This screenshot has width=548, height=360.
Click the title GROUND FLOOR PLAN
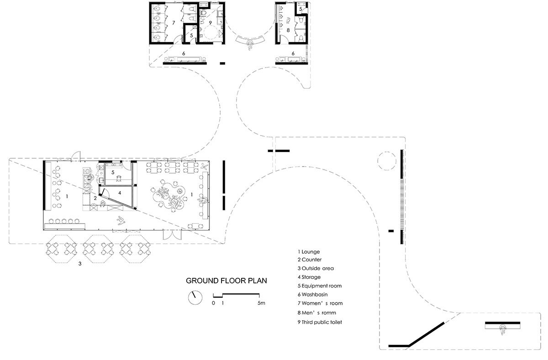tap(227, 281)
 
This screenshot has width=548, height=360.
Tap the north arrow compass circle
tap(195, 297)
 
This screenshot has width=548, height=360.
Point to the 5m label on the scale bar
tap(261, 303)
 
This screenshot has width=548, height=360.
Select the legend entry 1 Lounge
tap(309, 252)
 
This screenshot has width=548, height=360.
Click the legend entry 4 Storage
tap(309, 277)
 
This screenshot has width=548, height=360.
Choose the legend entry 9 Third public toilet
tap(320, 322)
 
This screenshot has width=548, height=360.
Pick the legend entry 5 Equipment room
tap(320, 286)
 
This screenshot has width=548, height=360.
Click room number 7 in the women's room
tap(174, 23)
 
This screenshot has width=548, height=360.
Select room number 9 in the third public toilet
tap(210, 23)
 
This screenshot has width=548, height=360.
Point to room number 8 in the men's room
tap(288, 30)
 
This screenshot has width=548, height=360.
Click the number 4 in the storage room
tap(120, 193)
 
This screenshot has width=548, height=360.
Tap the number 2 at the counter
tap(95, 198)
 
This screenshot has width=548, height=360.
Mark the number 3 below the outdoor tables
tap(80, 263)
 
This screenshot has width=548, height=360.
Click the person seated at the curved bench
tap(250, 45)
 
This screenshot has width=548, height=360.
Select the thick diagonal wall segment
tap(427, 334)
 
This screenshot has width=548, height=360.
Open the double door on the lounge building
tap(173, 235)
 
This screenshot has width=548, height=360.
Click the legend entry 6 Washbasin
tap(312, 294)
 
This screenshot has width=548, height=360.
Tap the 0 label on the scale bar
tap(213, 303)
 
